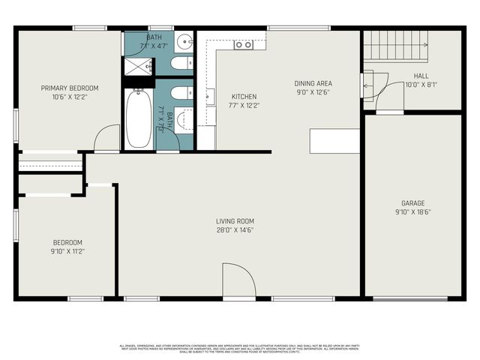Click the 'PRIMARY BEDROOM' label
click(69, 88)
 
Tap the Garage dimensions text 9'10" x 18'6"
click(412, 212)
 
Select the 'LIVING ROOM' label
click(235, 221)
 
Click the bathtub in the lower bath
click(138, 119)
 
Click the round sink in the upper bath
click(184, 42)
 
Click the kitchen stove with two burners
click(243, 45)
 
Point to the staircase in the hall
click(395, 46)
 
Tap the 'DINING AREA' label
click(313, 83)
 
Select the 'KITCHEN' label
click(244, 97)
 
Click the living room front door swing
click(238, 281)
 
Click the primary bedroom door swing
click(107, 139)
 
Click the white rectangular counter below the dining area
click(334, 140)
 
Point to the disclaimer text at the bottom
click(240, 348)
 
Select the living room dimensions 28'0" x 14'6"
click(235, 230)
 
